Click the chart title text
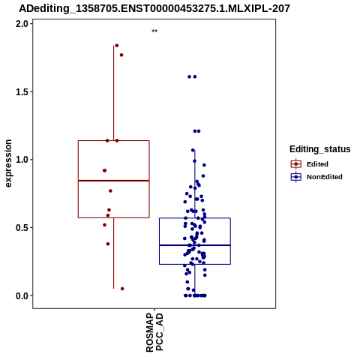point(154,9)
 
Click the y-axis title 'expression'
point(8,163)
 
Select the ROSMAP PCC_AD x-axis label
point(154,332)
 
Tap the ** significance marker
point(154,31)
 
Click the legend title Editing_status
point(320,149)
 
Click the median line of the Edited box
point(114,181)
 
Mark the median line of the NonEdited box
point(195,245)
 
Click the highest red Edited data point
point(117,46)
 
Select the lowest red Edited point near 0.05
point(122,289)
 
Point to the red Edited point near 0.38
point(108,244)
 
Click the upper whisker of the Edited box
point(114,93)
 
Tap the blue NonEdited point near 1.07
point(193,150)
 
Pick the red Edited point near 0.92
point(105,170)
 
